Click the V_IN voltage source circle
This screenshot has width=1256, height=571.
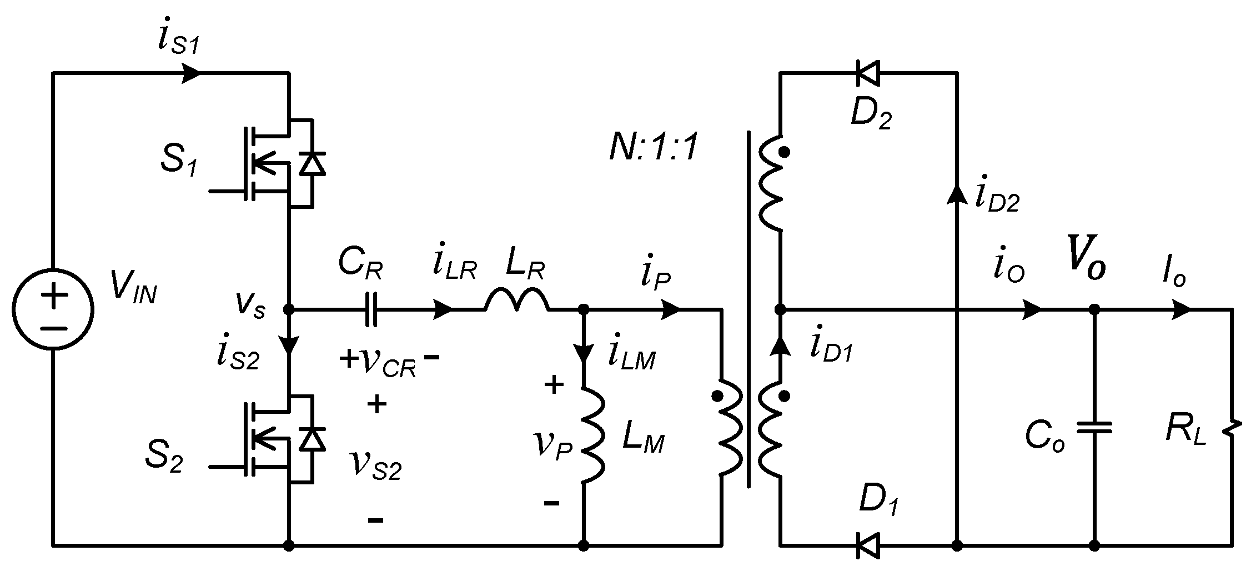(x=53, y=309)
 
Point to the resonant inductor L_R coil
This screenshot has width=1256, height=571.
(x=517, y=302)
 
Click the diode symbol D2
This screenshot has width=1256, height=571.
(x=868, y=73)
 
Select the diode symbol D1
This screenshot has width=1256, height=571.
(x=868, y=545)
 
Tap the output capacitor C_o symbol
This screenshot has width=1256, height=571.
(x=1094, y=427)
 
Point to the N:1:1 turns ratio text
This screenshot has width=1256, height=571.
(x=653, y=149)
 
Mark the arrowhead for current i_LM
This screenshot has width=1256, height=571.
(x=584, y=352)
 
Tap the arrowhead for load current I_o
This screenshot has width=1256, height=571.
(x=1181, y=309)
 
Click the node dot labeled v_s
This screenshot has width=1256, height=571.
(x=289, y=309)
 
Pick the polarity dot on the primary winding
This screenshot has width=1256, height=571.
(x=717, y=396)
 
